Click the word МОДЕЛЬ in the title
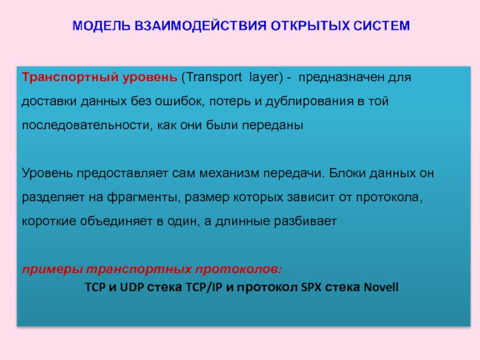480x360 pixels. point(97,26)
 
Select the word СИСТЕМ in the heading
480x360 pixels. point(379,26)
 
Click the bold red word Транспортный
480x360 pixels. point(61,78)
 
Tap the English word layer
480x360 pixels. point(262,78)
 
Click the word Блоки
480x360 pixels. point(346,173)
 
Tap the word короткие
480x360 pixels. point(49,221)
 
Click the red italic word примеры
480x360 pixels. point(53,268)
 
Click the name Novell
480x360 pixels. point(380,286)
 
